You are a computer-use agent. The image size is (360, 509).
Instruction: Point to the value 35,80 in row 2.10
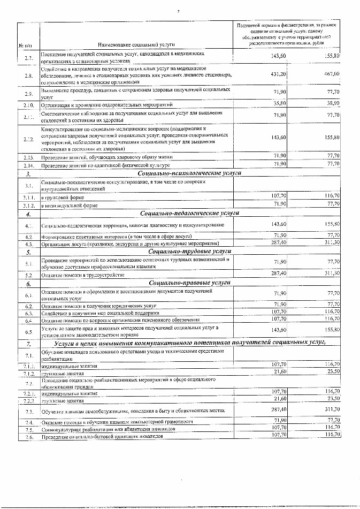280,102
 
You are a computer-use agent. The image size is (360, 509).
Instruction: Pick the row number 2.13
28,157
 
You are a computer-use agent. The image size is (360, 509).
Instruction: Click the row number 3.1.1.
28,196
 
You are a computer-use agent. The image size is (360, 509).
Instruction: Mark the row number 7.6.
28,437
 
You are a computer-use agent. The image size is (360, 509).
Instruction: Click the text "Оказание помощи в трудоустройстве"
83,275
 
